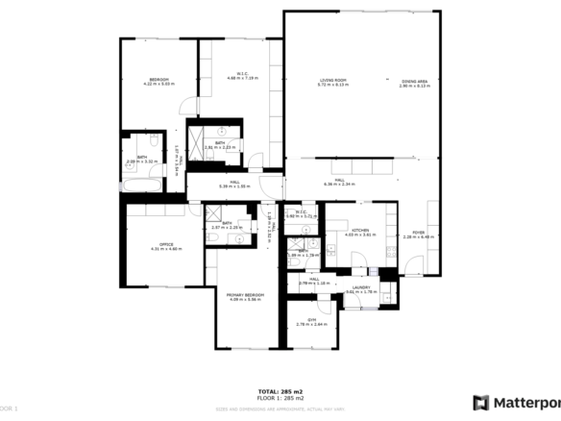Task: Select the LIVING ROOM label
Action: pyautogui.click(x=333, y=81)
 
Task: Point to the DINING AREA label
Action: pyautogui.click(x=413, y=81)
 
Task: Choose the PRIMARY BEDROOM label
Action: pyautogui.click(x=245, y=295)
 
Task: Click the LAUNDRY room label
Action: pyautogui.click(x=361, y=287)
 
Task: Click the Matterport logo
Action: pyautogui.click(x=515, y=402)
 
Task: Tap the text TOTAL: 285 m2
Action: pyautogui.click(x=280, y=391)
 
